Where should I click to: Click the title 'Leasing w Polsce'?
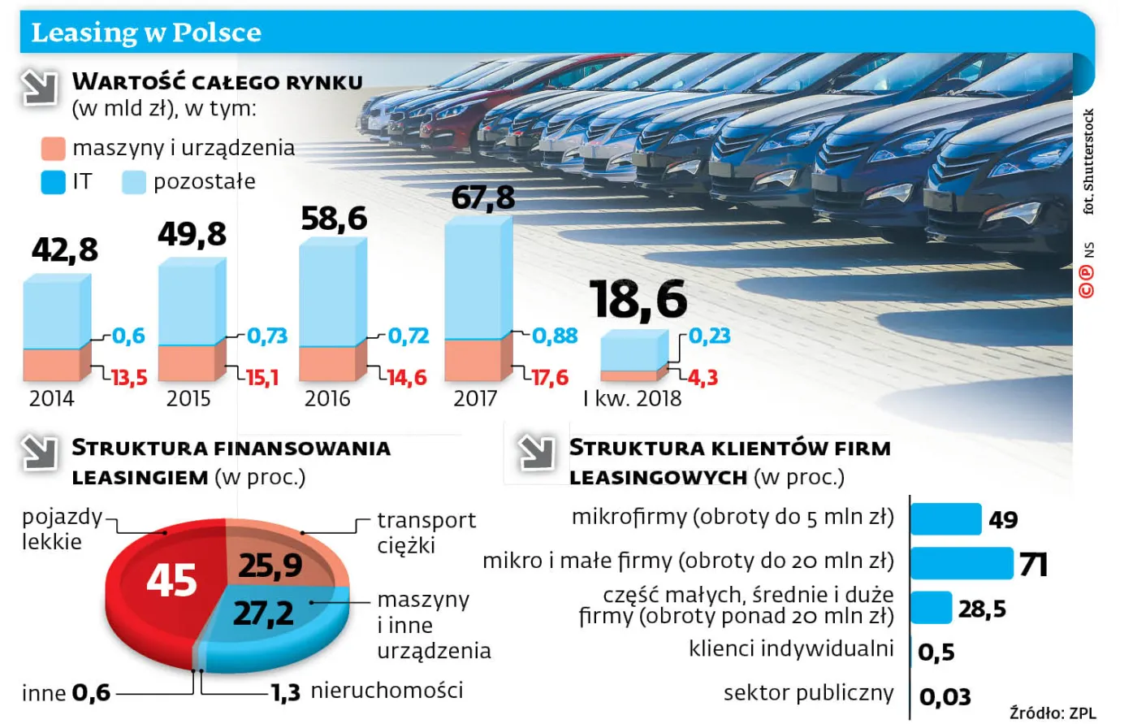click(x=146, y=33)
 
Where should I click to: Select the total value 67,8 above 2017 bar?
click(x=483, y=197)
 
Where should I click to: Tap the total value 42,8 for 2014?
click(x=65, y=250)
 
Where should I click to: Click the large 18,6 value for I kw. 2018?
click(x=638, y=299)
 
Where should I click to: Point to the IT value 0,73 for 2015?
click(x=267, y=336)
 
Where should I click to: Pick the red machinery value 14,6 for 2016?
click(x=407, y=378)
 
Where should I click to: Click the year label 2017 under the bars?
click(x=475, y=399)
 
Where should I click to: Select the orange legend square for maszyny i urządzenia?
click(x=53, y=149)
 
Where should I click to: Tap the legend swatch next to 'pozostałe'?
click(x=133, y=182)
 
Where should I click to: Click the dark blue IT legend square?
click(x=53, y=182)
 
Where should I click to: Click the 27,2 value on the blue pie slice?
click(x=263, y=613)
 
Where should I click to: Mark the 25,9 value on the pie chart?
click(x=270, y=566)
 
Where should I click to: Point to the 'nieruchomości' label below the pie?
click(x=387, y=691)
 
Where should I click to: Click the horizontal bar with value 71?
click(x=962, y=563)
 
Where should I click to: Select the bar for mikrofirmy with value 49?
click(x=945, y=519)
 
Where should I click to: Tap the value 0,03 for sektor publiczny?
click(x=945, y=697)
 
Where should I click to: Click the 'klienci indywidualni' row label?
click(x=791, y=648)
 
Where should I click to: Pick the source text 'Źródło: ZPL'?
click(x=1053, y=713)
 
